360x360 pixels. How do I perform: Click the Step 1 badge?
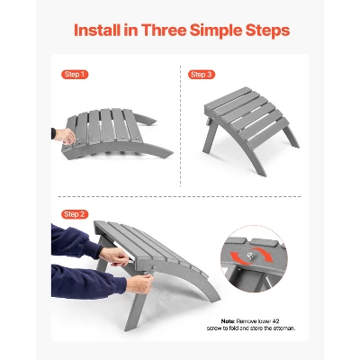coord(75,75)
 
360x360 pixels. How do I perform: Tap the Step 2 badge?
coord(75,214)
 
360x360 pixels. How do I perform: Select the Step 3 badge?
coord(202,75)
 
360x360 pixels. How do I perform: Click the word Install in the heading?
coord(97,31)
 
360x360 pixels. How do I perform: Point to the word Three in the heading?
coord(163,31)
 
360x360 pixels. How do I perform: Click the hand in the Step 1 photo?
coord(65,137)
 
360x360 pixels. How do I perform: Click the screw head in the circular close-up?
coord(249,256)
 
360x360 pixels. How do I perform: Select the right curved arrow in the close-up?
coord(264,254)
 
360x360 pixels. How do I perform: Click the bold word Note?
coord(229,321)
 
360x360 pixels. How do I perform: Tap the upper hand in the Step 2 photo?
coord(114,256)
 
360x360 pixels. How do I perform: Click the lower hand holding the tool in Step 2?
coord(139,283)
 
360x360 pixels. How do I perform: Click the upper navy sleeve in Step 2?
coord(75,242)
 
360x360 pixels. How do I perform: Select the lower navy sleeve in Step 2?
coord(87,282)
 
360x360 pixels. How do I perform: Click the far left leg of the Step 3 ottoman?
coord(210,139)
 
